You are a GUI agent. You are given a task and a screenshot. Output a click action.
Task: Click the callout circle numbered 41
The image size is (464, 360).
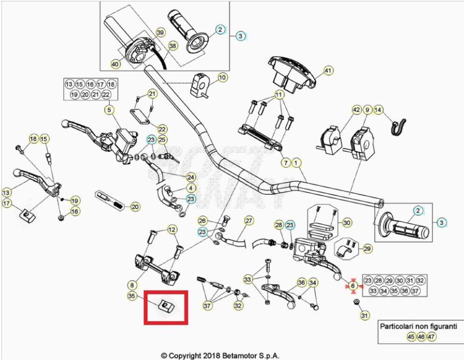[x=328, y=71]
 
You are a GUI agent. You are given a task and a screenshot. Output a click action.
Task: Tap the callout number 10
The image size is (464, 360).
[x=222, y=77]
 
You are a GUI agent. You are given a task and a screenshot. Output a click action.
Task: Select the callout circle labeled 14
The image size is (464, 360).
[x=378, y=110]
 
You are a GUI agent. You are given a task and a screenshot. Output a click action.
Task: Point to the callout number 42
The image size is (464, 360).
[x=356, y=110]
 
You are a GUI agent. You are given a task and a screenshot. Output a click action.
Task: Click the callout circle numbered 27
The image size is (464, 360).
[x=249, y=221]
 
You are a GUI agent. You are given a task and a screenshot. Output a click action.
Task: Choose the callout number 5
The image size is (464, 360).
[x=109, y=110]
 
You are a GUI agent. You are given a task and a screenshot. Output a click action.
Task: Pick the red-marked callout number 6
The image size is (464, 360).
[x=352, y=286]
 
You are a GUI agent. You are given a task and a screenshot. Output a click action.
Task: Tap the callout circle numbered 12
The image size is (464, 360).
[x=172, y=229]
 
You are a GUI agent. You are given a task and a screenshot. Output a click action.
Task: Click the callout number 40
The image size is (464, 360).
[x=115, y=64]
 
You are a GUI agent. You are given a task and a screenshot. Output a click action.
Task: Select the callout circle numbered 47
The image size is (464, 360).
[x=432, y=337]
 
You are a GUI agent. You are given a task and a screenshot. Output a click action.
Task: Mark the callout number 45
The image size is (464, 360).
[x=411, y=337]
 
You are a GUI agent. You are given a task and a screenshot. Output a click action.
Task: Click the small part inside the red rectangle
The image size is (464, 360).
[x=165, y=305]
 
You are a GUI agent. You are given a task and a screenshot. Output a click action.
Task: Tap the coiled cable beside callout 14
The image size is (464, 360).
[x=398, y=127]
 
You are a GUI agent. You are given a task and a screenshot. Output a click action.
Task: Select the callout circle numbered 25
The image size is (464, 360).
[x=162, y=140]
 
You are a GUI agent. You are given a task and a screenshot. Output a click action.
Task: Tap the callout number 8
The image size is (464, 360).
[x=132, y=285]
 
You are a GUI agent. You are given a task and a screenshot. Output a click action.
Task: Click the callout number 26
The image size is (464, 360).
[x=203, y=221]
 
